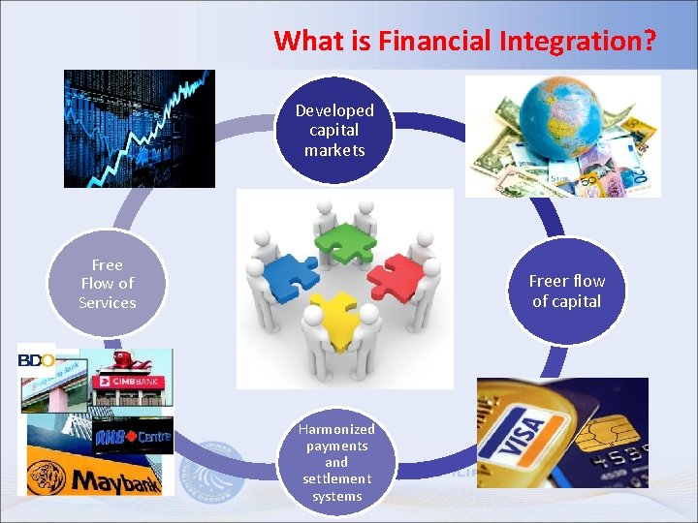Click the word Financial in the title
432,41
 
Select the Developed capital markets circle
334,130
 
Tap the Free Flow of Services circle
108,283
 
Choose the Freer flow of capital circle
566,291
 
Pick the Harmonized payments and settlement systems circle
336,462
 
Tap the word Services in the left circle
108,302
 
